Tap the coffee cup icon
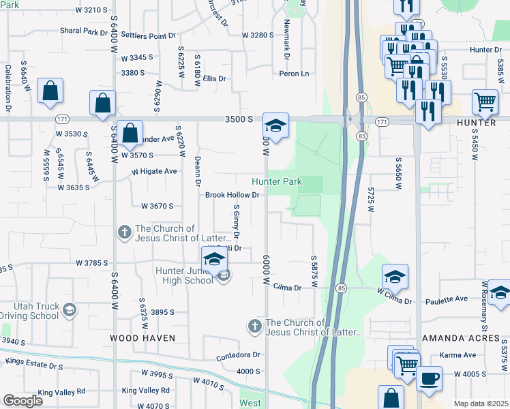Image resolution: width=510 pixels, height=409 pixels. coord(429,378)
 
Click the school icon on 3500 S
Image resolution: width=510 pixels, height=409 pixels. coord(275,125)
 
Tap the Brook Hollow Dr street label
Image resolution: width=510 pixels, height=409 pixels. coord(233,195)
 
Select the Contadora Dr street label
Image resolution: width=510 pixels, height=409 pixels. coord(239,355)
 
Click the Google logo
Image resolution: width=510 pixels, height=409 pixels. coord(22,401)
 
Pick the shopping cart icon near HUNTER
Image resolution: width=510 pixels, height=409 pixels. coord(485,102)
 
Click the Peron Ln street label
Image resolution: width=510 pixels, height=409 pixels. coord(294,74)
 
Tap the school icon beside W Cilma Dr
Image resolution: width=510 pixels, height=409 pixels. coord(395,277)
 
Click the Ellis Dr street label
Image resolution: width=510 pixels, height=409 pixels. coord(213,79)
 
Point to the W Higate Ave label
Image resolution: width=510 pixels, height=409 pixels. coord(154,171)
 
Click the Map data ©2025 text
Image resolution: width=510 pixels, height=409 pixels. coord(480,404)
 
